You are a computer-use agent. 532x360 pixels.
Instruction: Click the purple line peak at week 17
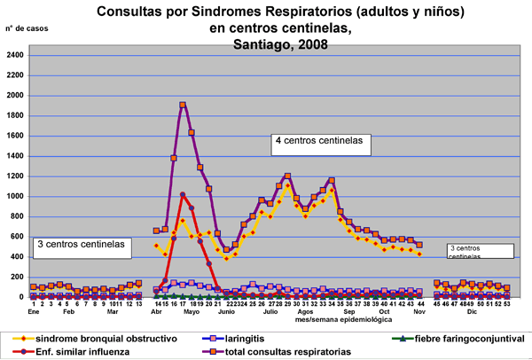[x=183, y=105]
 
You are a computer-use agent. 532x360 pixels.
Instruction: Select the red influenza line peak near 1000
[x=183, y=195]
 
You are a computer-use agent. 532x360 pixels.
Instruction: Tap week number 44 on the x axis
[x=419, y=304]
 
